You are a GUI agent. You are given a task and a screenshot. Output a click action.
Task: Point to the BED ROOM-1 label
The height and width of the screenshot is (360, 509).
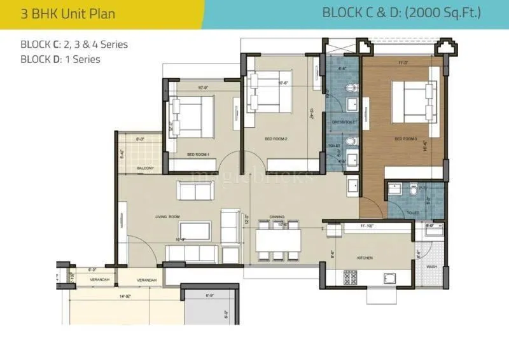point(199,155)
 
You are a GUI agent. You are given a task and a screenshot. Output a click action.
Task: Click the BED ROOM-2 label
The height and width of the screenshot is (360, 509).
point(277,137)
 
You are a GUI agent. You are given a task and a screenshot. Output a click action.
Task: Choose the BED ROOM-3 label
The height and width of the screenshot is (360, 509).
point(405,139)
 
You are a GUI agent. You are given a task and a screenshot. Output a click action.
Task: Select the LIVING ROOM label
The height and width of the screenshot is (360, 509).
point(169,218)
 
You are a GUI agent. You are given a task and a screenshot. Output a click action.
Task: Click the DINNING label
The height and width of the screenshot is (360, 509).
point(277,217)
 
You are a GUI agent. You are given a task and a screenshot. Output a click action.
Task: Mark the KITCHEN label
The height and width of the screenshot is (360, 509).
point(365,258)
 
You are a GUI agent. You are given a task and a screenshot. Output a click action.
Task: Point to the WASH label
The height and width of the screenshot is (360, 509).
point(431,267)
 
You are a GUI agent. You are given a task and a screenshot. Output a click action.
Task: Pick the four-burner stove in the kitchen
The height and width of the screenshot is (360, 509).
point(351,277)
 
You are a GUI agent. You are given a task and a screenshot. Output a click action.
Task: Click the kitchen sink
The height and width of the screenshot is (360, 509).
point(390,277)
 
